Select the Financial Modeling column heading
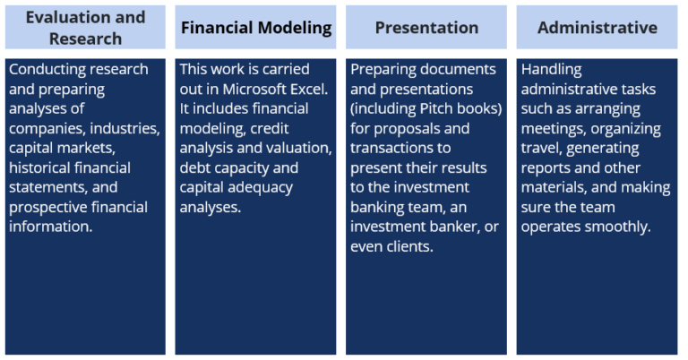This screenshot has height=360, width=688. (x=256, y=28)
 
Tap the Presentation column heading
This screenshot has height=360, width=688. (x=426, y=28)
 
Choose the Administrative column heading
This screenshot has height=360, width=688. (x=597, y=28)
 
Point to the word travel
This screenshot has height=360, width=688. (x=540, y=149)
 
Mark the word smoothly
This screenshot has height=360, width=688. (x=618, y=227)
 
